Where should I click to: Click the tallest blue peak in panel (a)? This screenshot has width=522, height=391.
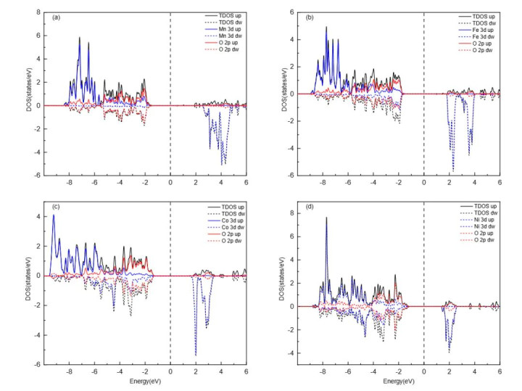coord(80,38)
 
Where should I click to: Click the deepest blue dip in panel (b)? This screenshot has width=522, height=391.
coord(453,170)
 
